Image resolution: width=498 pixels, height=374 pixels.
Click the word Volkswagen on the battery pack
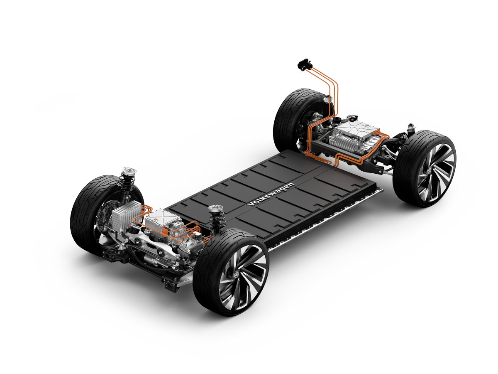[x=271, y=194]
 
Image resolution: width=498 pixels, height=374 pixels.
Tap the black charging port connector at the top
[x=305, y=64]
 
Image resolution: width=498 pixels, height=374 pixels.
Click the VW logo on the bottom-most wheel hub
[x=237, y=274]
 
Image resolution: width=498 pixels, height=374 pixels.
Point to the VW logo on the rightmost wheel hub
[x=429, y=171]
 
